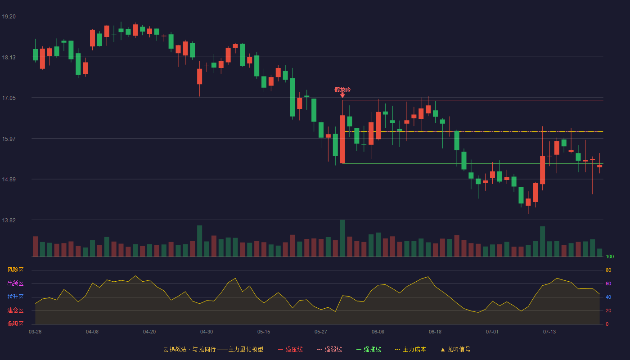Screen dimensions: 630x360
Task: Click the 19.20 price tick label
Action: [x=9, y=17]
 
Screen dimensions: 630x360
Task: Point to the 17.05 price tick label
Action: [x=9, y=98]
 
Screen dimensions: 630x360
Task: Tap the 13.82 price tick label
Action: [x=9, y=220]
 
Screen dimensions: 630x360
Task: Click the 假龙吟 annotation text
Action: [x=342, y=90]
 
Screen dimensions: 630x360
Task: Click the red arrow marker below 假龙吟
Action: [x=342, y=95]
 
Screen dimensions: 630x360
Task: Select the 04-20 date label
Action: [x=149, y=332]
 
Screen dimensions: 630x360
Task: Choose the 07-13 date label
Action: [x=549, y=332]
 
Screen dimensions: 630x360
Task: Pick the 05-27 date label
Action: [x=320, y=332]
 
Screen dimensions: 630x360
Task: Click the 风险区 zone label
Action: [x=15, y=270]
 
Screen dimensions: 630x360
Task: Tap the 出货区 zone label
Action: [x=15, y=283]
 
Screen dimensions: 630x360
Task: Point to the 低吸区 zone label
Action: [x=15, y=324]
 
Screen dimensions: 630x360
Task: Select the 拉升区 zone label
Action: [x=15, y=297]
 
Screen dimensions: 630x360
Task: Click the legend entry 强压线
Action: [x=290, y=349]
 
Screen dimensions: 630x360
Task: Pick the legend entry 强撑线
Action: [x=369, y=349]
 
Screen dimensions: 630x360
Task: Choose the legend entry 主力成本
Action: [x=410, y=349]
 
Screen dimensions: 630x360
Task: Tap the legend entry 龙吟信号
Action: [x=455, y=349]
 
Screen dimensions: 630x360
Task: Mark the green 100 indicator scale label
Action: [x=610, y=256]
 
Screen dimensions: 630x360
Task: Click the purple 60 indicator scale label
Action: [x=608, y=283]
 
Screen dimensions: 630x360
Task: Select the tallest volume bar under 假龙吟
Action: [x=342, y=238]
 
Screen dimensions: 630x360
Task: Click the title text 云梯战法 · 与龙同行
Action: [x=189, y=349]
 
